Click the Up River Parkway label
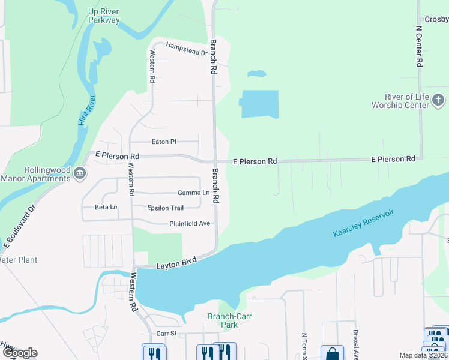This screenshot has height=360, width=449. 104,16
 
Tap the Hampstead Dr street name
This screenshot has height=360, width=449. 186,49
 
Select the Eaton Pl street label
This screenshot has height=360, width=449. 164,142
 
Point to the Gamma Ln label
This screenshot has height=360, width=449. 194,193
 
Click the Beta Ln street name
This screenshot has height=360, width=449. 106,207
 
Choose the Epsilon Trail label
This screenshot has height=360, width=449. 166,208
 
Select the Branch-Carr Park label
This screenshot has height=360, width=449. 223,320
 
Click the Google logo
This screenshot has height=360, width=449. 19,353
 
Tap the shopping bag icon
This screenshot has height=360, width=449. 332,353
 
